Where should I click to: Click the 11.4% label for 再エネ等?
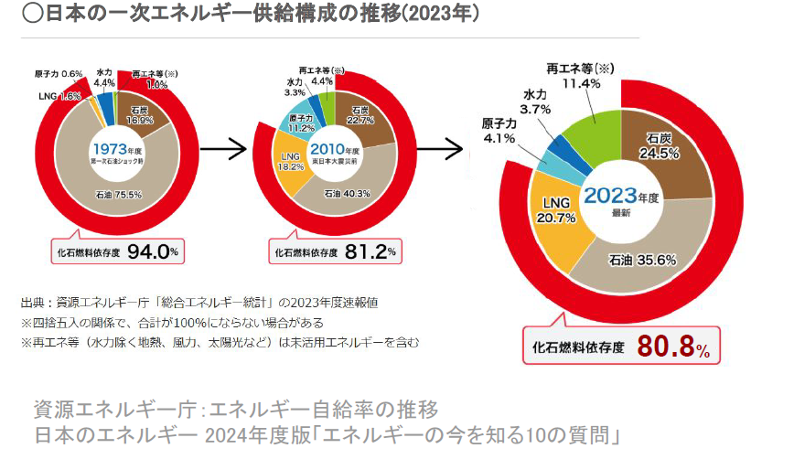[x=581, y=83]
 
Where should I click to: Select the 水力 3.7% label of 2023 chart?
[x=536, y=109]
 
